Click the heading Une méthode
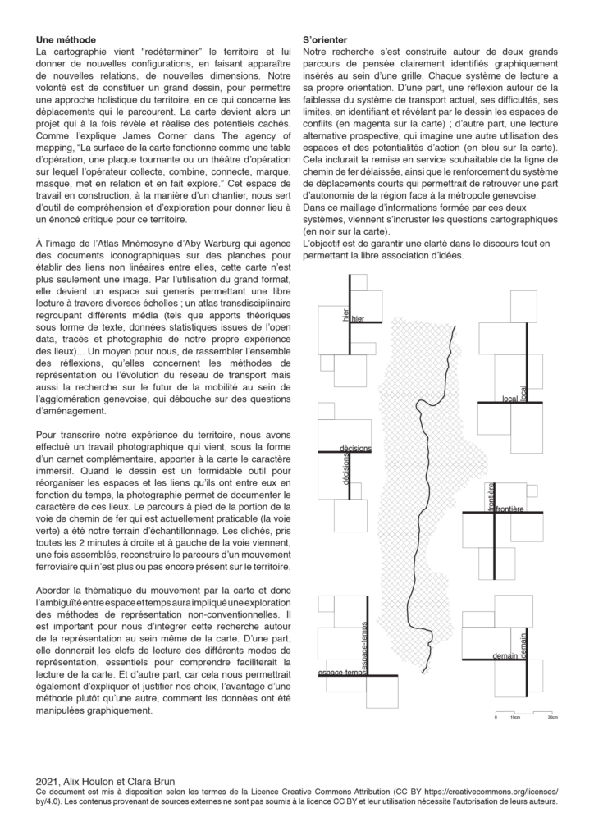coord(66,39)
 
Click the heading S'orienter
coord(325,39)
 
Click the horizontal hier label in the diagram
coord(358,319)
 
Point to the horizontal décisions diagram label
coord(355,448)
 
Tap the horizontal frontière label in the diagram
coord(509,509)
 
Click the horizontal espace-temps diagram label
coord(340,673)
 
